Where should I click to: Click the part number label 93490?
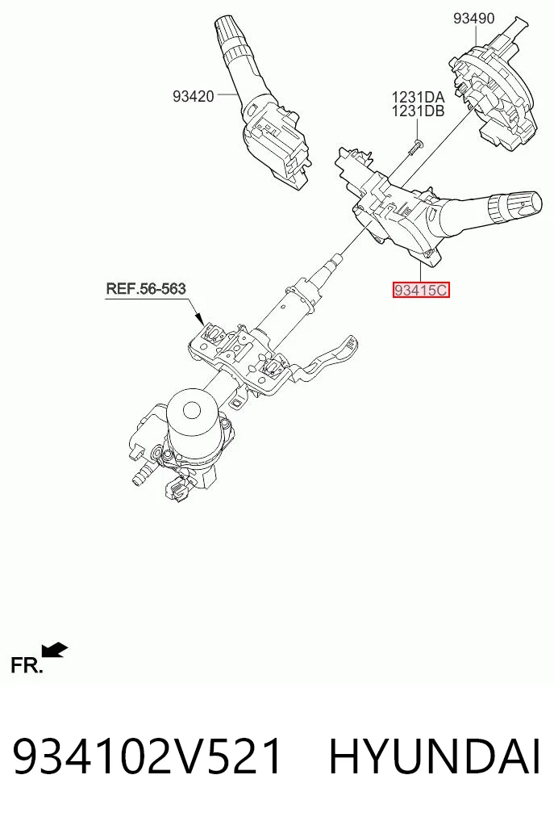point(473,19)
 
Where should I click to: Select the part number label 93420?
point(194,96)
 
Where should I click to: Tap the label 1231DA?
point(418,98)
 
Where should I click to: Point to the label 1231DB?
point(418,111)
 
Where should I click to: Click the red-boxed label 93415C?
point(421,290)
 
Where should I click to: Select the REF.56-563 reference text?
point(146,288)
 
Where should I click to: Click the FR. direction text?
point(26,665)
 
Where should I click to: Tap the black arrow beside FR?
point(55,650)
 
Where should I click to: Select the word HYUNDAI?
point(434,757)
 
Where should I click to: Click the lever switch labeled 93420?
point(261,110)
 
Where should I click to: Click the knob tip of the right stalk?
point(515,205)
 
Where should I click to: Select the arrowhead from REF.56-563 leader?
point(199,317)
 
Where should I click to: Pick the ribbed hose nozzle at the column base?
point(140,478)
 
